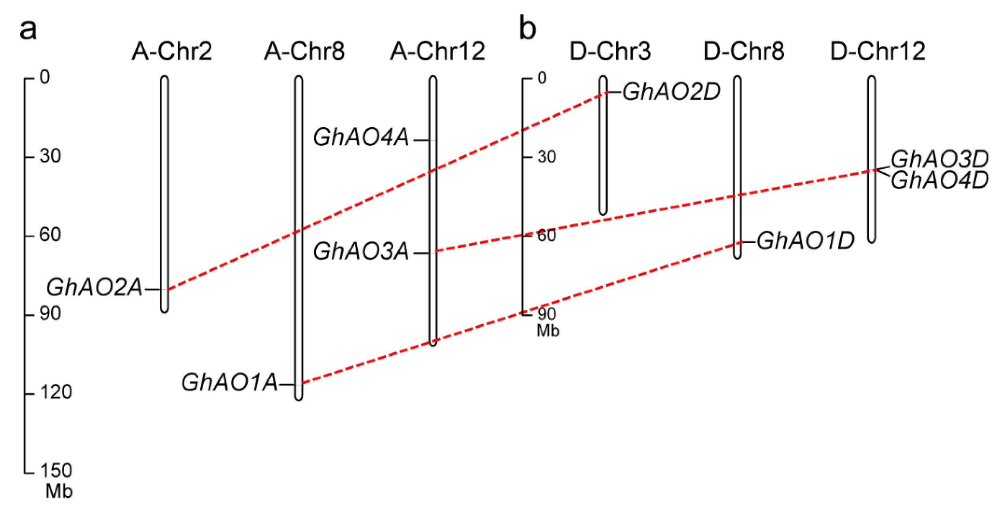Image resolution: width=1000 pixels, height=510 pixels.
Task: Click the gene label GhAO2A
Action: (x=94, y=288)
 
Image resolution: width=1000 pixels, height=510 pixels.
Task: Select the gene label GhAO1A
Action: (x=229, y=382)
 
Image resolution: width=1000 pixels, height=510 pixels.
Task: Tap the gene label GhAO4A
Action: (x=361, y=138)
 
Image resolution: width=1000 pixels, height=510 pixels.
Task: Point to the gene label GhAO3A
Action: (x=361, y=251)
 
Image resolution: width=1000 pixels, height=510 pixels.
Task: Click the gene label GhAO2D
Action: (x=671, y=92)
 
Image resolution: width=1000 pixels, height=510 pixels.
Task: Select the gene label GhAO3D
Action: (x=939, y=159)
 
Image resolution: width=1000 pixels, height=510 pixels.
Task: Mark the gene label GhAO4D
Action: (x=939, y=180)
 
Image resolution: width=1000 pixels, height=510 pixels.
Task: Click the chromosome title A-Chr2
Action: (x=172, y=51)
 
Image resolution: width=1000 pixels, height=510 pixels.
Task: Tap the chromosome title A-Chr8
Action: (x=304, y=51)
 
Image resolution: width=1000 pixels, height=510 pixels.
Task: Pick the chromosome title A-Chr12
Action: (x=437, y=51)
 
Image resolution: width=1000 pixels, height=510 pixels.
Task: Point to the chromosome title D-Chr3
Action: (x=610, y=51)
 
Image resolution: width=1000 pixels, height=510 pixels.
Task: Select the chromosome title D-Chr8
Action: (x=744, y=51)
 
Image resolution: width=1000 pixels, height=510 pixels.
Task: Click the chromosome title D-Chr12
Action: (x=878, y=51)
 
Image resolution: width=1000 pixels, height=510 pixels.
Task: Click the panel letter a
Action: (x=28, y=29)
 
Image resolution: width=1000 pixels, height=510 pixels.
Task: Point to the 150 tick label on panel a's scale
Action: (x=56, y=470)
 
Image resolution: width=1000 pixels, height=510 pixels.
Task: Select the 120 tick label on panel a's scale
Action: (x=56, y=392)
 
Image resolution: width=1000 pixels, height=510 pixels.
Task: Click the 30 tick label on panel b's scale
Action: (x=547, y=157)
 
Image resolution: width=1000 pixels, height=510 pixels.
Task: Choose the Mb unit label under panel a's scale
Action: (x=59, y=492)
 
